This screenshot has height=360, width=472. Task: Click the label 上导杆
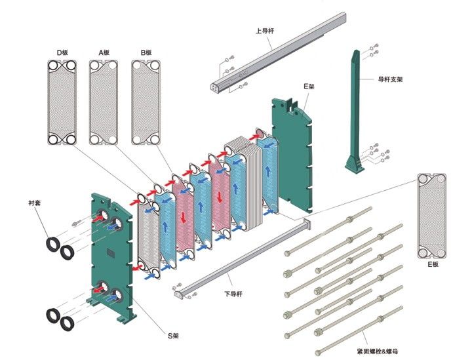(265, 31)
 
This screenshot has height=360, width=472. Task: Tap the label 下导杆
(233, 294)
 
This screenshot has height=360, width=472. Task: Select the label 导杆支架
(390, 79)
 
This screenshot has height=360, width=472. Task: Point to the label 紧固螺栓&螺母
(377, 351)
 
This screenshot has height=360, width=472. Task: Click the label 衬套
(35, 203)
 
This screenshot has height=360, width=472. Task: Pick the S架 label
(173, 335)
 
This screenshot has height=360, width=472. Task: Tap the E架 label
(309, 87)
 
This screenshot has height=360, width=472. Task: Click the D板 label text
(63, 52)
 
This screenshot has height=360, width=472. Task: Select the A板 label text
(104, 52)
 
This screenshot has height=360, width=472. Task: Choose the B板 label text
(146, 52)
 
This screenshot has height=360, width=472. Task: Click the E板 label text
(433, 264)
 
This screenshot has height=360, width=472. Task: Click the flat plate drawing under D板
(62, 103)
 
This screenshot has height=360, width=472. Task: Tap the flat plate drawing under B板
(146, 103)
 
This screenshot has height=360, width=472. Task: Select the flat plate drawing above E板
(431, 216)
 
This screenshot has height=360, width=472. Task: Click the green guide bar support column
(355, 111)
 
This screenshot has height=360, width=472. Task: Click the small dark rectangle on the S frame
(111, 252)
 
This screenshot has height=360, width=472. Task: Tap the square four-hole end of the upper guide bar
(214, 87)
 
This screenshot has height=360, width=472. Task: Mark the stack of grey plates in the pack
(244, 184)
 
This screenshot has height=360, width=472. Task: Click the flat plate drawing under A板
(104, 103)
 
